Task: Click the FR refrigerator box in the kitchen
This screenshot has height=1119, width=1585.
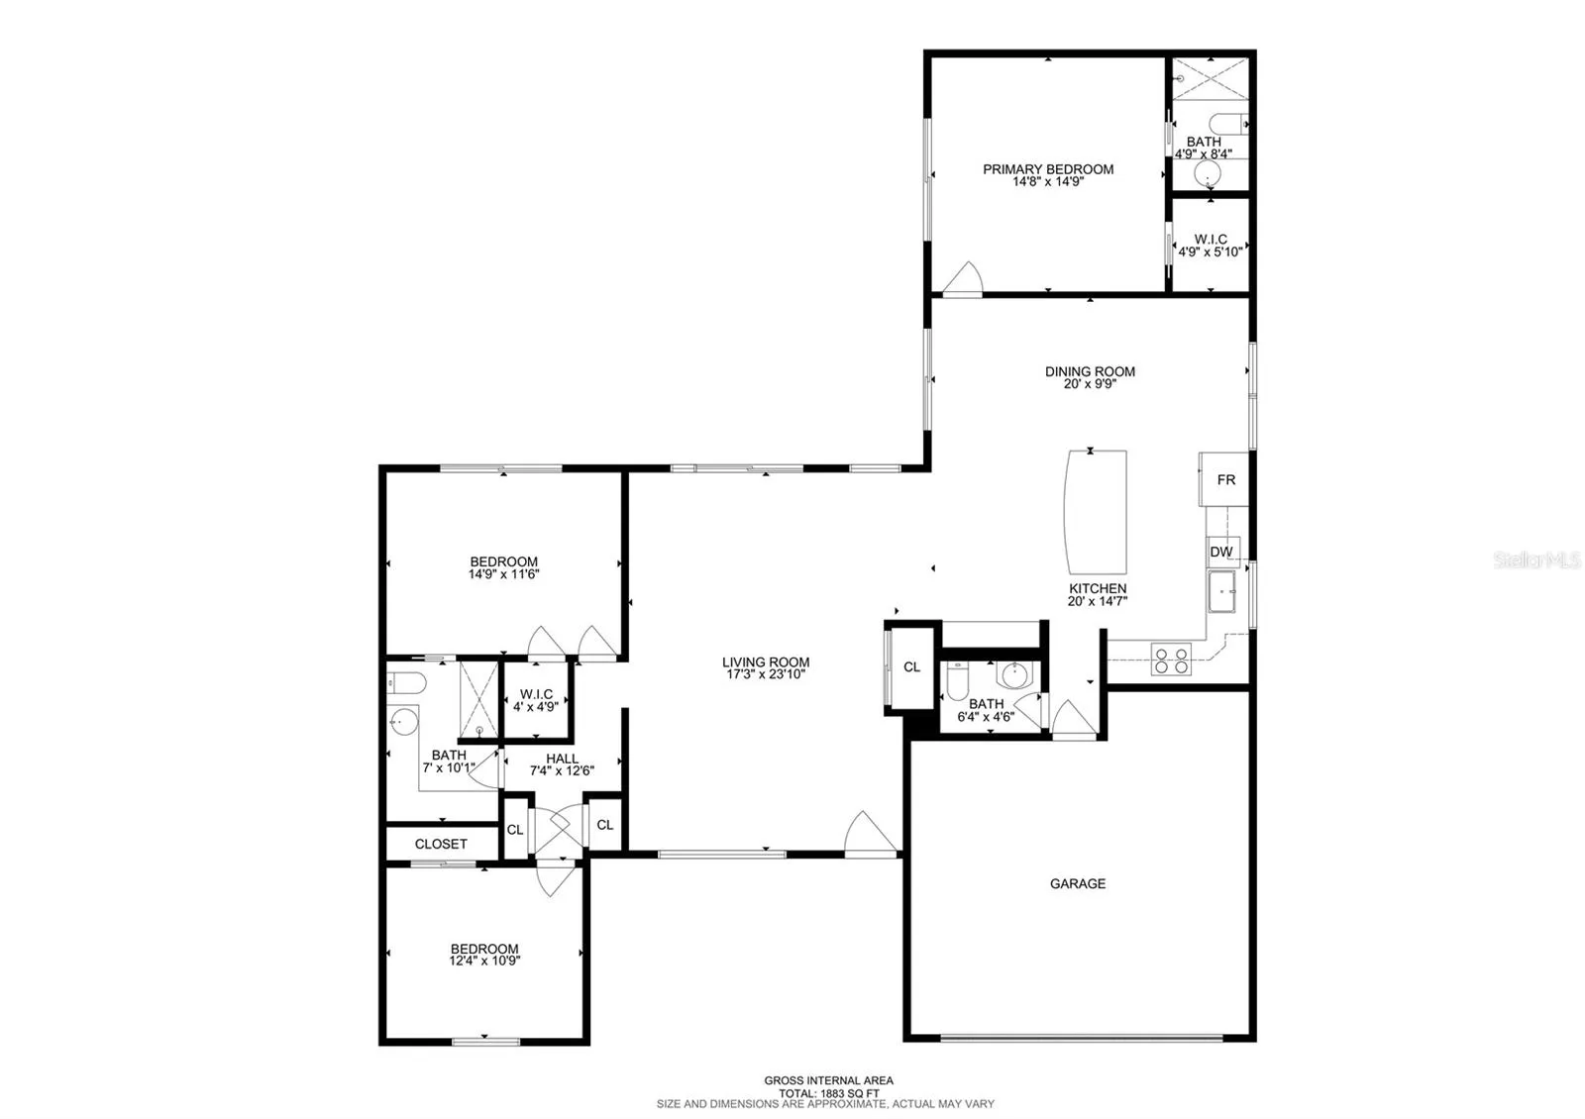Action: (x=1223, y=479)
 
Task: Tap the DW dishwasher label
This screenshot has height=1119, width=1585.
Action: (x=1221, y=552)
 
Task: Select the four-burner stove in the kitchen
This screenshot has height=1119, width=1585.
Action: (x=1171, y=660)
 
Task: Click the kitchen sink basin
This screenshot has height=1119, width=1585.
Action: (x=1222, y=591)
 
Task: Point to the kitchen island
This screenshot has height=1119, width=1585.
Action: (x=1096, y=512)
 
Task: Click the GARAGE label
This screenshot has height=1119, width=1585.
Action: (x=1078, y=883)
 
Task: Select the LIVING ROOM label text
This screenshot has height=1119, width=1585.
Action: (x=766, y=662)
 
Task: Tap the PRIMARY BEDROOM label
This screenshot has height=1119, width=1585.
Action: (x=1048, y=169)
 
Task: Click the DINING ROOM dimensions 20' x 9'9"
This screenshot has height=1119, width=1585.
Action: (x=1090, y=384)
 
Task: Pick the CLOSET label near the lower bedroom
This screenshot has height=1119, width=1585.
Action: (x=441, y=844)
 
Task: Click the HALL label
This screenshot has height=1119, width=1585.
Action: (x=562, y=759)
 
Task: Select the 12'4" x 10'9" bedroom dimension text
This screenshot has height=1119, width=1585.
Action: (x=484, y=961)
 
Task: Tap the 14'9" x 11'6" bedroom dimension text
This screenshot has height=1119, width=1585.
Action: (x=504, y=573)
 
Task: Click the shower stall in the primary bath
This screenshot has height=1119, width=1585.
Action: (x=1211, y=78)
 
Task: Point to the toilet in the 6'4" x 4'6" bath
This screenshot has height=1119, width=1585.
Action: (x=957, y=679)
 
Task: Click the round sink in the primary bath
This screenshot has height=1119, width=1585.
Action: (x=1208, y=172)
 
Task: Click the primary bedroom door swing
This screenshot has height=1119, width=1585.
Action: (x=963, y=278)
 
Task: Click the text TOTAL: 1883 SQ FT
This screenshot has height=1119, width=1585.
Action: (x=828, y=1093)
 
